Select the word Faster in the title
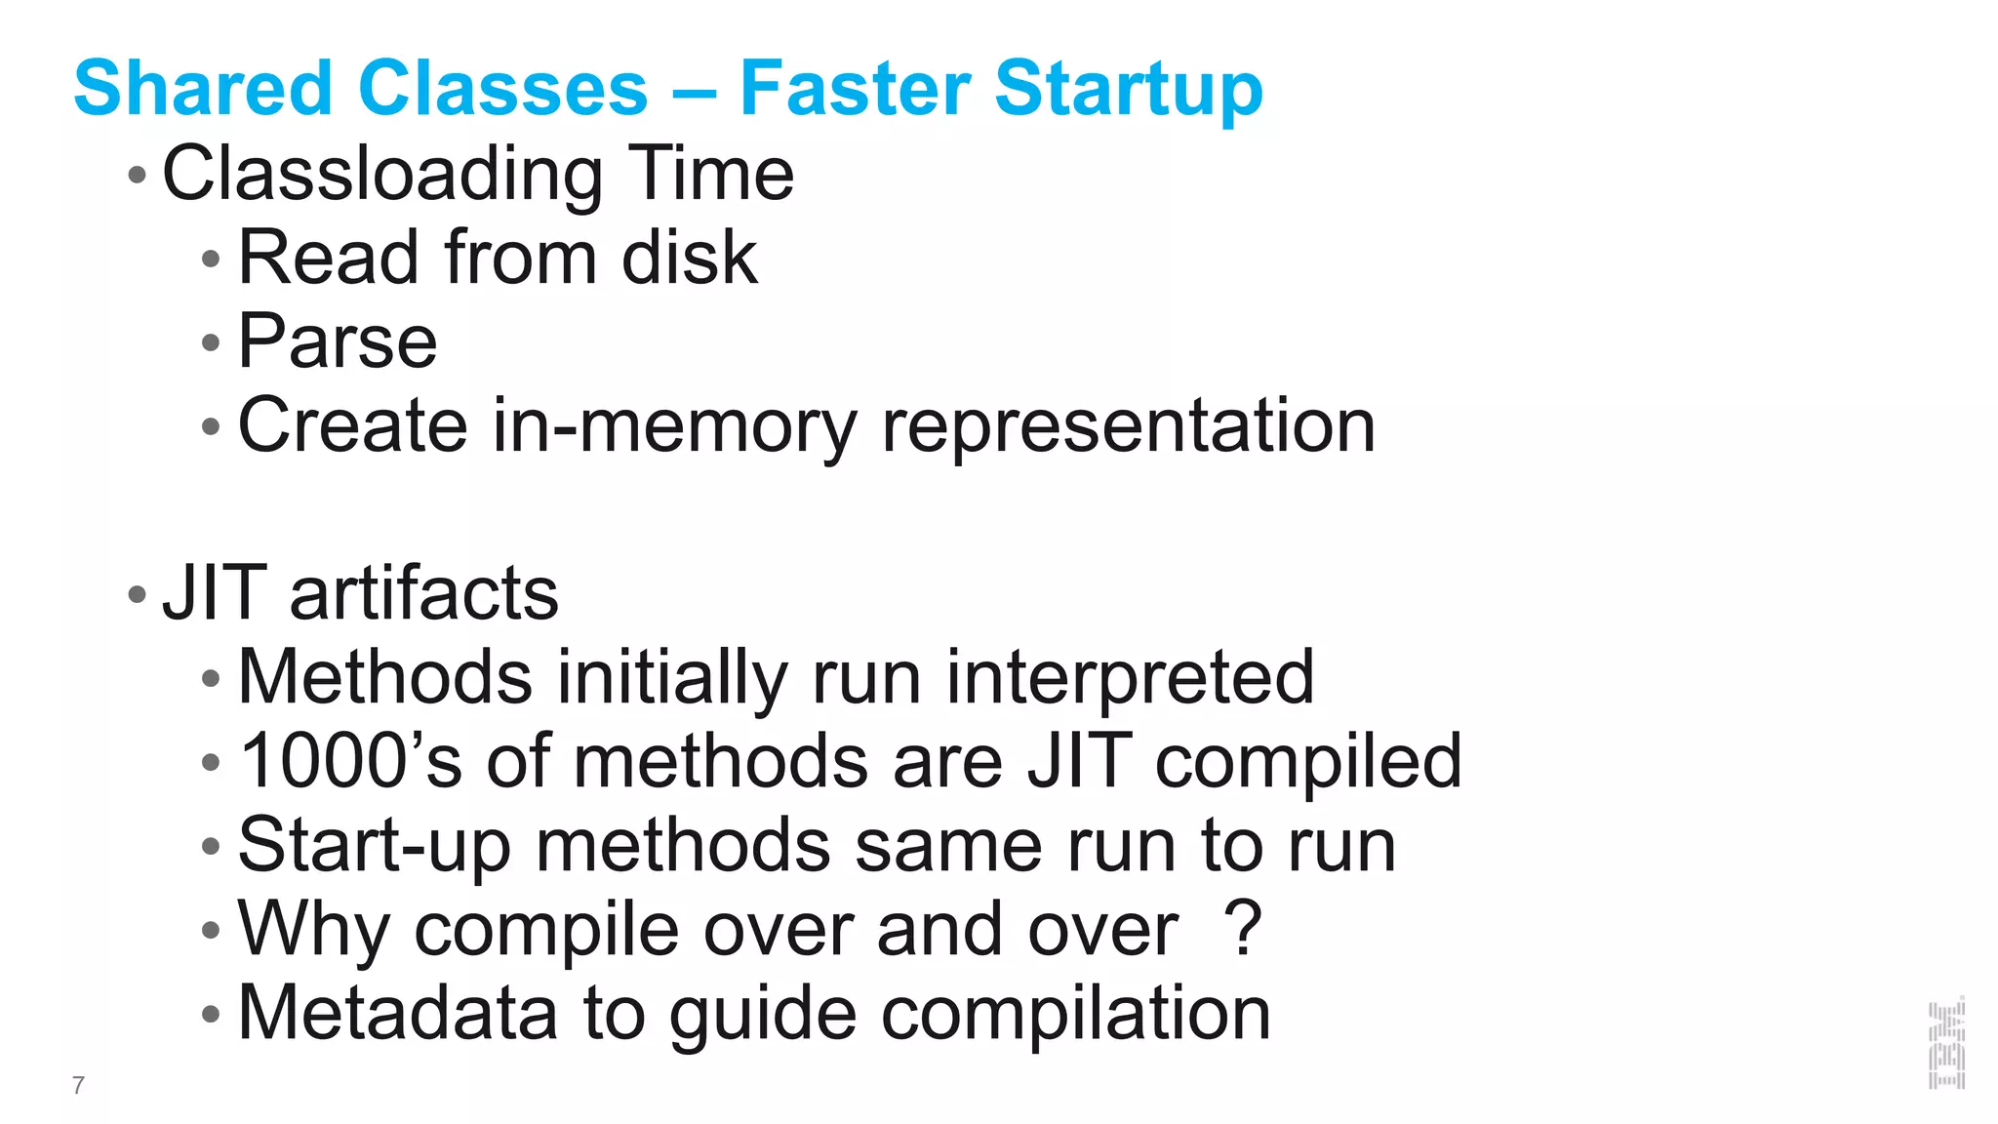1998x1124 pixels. coord(854,88)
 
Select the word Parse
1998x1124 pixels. coord(338,341)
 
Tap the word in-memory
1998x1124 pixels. coord(674,426)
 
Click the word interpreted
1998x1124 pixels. coord(1130,678)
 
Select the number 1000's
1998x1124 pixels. coord(350,761)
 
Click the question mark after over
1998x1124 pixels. coord(1243,929)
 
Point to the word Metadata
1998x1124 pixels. coord(398,1013)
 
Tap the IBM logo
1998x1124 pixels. coord(1946,1043)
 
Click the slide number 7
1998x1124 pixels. coord(78,1085)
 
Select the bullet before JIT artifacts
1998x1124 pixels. coord(137,594)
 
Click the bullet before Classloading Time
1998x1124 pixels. coord(137,176)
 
